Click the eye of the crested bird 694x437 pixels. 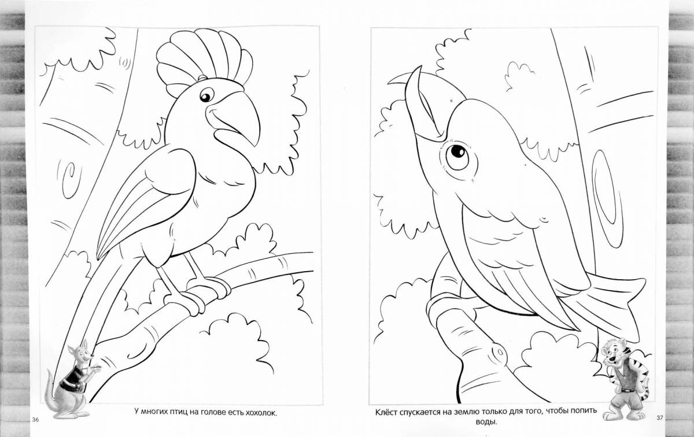205,97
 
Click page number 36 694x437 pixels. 36,419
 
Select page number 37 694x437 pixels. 660,417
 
